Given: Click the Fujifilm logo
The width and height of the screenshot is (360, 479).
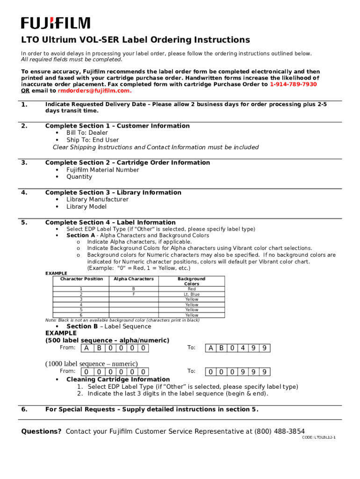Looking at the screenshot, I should pos(56,23).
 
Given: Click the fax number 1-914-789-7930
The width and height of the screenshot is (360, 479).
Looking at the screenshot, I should pos(293,84).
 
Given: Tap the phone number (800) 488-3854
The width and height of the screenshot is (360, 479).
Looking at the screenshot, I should pos(280,431).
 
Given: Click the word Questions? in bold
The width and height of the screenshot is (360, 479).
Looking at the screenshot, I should pos(41,431).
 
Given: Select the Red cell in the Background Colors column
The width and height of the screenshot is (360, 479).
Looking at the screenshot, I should pos(192,289).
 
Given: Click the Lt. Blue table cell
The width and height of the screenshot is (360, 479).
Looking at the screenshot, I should pos(192,294).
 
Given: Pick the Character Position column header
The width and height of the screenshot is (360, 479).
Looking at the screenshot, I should pos(81,279).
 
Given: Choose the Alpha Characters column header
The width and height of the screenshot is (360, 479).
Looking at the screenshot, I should pos(134,279).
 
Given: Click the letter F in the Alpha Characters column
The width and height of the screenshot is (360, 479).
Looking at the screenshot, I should pos(134,294).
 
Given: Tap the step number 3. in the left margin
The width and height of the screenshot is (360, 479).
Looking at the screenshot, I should pos(24,162).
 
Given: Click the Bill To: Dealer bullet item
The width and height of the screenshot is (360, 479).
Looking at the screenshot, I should pos(87,133).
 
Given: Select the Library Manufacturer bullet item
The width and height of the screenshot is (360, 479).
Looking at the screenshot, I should pos(97,199).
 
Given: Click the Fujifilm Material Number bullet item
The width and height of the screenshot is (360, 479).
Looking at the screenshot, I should pos(102,170).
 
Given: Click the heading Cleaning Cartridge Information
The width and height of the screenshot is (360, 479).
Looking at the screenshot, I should pos(118,379).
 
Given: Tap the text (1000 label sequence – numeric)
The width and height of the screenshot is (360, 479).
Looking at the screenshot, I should pos(91,363).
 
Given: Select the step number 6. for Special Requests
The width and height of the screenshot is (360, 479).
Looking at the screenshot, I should pos(24,409).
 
